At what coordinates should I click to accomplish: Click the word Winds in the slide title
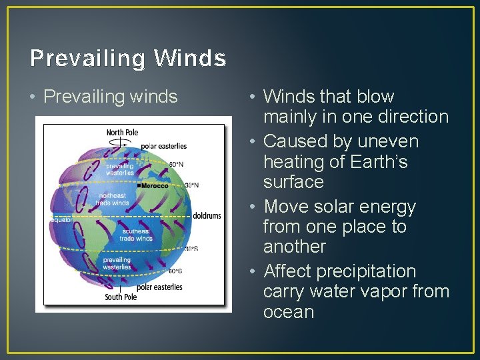190,59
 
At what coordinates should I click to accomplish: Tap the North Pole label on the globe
123,133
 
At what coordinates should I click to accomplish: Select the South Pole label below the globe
121,297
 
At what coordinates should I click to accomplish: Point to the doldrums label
207,216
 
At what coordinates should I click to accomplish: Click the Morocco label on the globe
154,185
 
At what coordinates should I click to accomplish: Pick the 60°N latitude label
176,164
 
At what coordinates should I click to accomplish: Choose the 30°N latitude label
191,185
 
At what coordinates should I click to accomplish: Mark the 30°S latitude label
191,249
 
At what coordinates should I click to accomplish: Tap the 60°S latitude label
176,271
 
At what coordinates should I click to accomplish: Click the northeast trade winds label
112,199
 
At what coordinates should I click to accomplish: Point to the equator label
61,219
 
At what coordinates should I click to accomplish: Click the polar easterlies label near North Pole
164,146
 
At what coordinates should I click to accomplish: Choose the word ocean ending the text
289,312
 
